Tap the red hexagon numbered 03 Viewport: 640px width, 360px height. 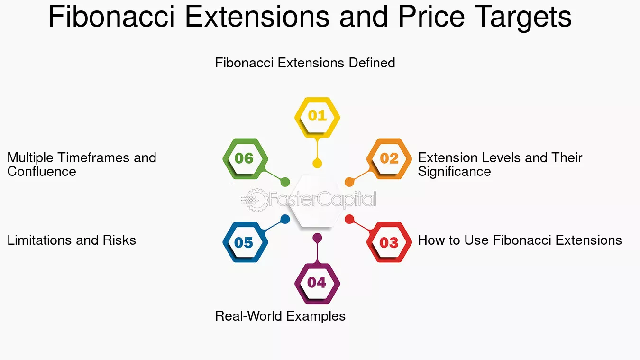(389, 242)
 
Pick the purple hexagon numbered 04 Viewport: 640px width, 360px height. (317, 284)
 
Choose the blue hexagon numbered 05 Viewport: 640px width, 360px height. (245, 242)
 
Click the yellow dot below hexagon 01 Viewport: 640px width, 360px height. (317, 164)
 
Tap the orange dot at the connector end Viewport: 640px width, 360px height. (349, 182)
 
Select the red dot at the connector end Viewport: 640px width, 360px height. (349, 219)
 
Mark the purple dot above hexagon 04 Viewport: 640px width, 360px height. (317, 238)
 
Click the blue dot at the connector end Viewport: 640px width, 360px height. (285, 219)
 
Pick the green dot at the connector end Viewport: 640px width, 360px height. (285, 182)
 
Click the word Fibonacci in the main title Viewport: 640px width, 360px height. (111, 16)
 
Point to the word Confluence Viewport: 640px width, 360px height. (42, 171)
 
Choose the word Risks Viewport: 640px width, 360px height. (119, 240)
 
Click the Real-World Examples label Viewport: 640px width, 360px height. (280, 316)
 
